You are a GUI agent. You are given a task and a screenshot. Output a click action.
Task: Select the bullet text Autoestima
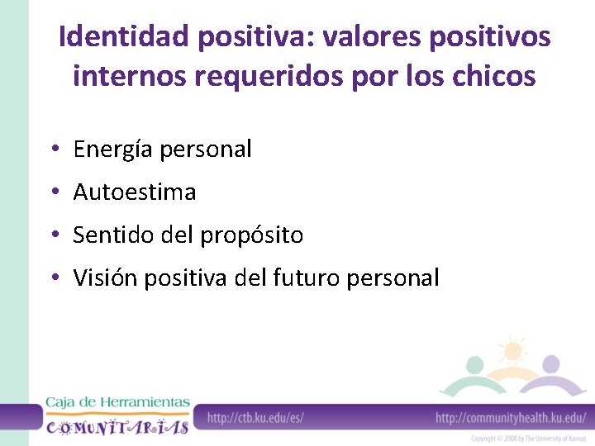(x=134, y=192)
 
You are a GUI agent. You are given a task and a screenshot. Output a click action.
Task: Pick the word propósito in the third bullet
(x=252, y=235)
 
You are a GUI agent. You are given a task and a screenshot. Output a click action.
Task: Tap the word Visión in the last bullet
(x=105, y=278)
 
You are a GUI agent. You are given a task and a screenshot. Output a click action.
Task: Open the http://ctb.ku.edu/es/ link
(x=255, y=418)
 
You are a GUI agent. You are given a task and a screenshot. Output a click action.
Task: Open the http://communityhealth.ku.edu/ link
(x=510, y=418)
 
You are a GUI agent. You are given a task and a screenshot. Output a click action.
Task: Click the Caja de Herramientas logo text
(x=117, y=402)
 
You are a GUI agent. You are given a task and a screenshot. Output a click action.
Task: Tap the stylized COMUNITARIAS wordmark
(x=117, y=426)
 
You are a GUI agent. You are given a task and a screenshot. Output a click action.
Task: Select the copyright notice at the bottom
(x=529, y=439)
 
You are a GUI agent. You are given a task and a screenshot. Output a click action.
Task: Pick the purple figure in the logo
(x=551, y=372)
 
